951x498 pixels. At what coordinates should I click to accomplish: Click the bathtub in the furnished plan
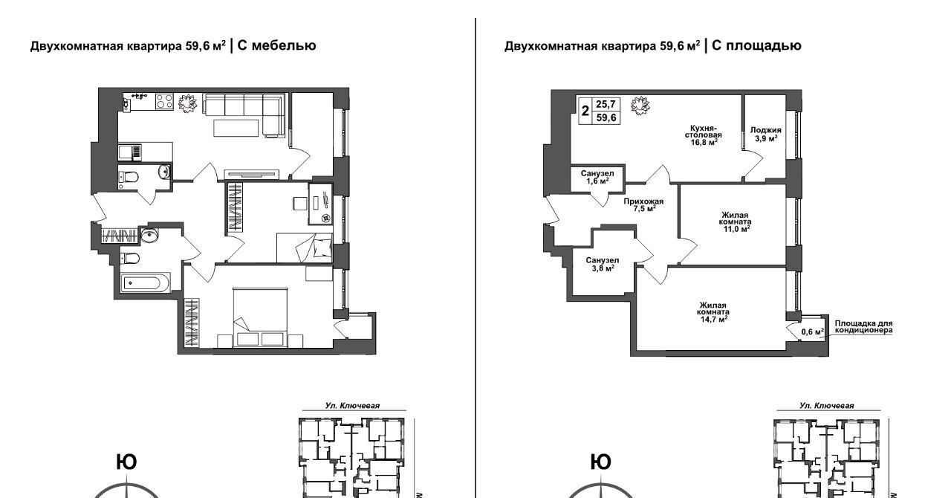(x=145, y=282)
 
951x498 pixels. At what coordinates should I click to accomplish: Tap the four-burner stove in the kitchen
(x=164, y=102)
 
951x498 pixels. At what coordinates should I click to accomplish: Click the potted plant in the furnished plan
(x=187, y=103)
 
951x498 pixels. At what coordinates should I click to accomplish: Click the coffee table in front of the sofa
(x=236, y=128)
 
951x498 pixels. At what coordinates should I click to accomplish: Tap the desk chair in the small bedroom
(x=299, y=204)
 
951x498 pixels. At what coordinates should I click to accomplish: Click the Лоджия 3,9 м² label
(x=765, y=135)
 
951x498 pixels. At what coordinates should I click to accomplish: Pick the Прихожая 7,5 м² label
(x=643, y=205)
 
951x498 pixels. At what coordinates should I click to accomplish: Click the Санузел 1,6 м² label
(x=597, y=177)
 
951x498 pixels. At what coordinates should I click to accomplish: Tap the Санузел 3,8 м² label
(x=602, y=264)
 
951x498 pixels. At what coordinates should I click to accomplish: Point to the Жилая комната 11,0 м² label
(x=735, y=222)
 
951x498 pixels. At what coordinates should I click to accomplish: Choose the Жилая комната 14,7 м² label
(x=713, y=312)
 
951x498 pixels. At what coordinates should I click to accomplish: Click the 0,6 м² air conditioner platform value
(x=813, y=332)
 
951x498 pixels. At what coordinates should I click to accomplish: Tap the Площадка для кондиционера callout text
(x=863, y=327)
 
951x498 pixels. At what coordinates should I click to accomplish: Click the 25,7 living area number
(x=606, y=104)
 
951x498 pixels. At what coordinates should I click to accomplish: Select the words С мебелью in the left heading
(x=276, y=45)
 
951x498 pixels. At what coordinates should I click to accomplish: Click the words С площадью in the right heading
(x=756, y=45)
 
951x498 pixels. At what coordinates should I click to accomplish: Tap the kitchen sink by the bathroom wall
(x=129, y=152)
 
